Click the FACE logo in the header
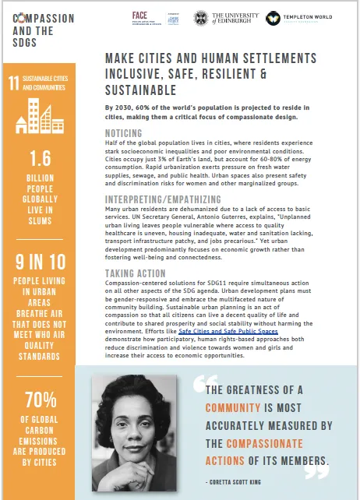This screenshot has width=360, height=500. [140, 16]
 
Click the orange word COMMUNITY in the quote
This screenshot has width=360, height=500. [234, 407]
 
